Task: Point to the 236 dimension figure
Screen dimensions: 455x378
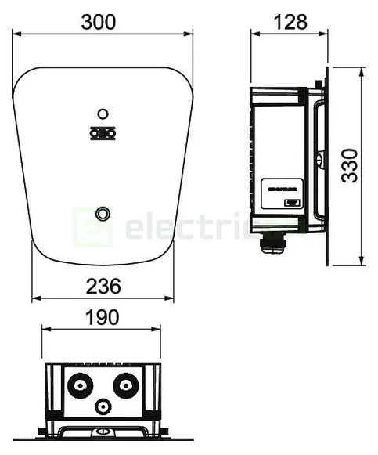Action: coord(103,287)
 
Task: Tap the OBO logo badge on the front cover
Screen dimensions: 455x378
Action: coord(101,133)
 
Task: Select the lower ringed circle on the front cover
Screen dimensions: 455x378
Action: coord(103,213)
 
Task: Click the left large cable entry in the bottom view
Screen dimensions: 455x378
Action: coord(78,386)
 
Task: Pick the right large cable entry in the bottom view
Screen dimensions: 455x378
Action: coord(125,386)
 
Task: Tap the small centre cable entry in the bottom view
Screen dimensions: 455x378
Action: coord(103,406)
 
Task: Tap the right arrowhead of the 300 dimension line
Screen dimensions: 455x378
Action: coord(190,34)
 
